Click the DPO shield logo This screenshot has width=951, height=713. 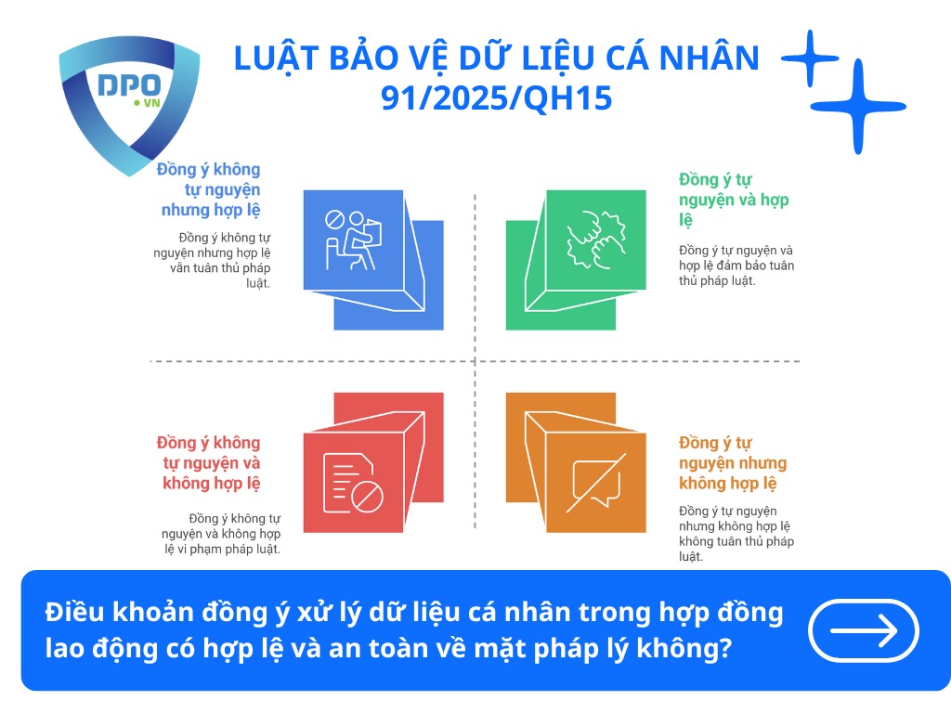click(128, 102)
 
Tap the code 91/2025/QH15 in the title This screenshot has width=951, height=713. click(497, 97)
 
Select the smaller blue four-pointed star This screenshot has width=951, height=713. click(810, 58)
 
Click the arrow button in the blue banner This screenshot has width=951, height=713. click(864, 630)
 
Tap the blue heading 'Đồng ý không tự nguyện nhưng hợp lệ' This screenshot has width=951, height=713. click(210, 189)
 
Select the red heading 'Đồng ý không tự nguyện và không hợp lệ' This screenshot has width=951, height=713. click(210, 462)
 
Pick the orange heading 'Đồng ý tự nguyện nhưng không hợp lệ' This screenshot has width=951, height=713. click(732, 462)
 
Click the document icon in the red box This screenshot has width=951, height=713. click(353, 484)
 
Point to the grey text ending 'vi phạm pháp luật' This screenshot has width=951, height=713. click(234, 534)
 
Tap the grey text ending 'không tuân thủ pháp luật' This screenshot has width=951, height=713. click(736, 534)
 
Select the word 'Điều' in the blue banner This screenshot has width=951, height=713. click(73, 614)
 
